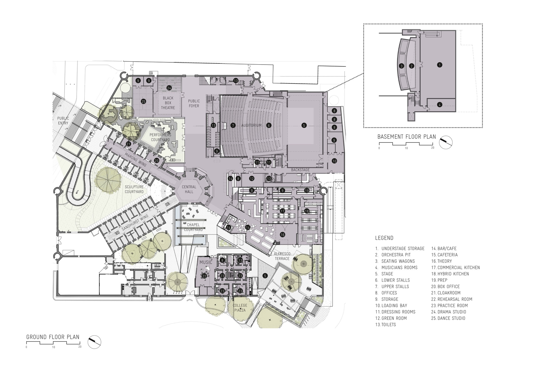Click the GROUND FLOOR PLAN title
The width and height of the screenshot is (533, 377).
[x=53, y=337]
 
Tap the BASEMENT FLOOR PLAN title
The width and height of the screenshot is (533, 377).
[x=407, y=137]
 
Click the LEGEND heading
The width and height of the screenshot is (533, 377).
[x=384, y=238]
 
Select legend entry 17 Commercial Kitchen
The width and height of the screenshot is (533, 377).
[x=455, y=267]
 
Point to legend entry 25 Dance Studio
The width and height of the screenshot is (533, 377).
[x=448, y=318]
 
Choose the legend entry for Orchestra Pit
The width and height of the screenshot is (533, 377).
[x=393, y=255]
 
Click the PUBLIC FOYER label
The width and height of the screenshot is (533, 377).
[x=194, y=104]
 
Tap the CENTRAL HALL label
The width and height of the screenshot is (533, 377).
[x=189, y=189]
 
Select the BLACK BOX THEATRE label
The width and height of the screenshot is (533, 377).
[x=168, y=103]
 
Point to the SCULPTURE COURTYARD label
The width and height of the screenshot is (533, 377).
[x=134, y=189]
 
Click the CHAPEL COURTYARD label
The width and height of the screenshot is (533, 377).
[x=193, y=227]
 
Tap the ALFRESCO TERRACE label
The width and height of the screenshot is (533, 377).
[x=282, y=256]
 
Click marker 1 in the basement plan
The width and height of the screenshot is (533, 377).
[x=440, y=65]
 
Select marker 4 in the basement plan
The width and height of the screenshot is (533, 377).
[x=440, y=105]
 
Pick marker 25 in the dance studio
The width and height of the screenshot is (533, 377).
[x=144, y=101]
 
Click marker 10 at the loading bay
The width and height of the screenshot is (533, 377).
[x=334, y=161]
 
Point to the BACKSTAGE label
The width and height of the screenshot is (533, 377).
[x=300, y=170]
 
